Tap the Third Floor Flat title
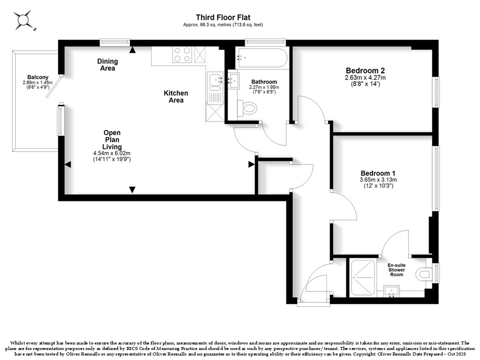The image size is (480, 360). pyautogui.click(x=223, y=17)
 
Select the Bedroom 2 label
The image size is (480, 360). pyautogui.click(x=365, y=70)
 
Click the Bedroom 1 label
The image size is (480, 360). pyautogui.click(x=378, y=173)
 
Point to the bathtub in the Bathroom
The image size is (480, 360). pyautogui.click(x=261, y=58)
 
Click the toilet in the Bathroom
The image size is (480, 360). pyautogui.click(x=247, y=108)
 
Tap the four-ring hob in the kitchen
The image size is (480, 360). pyautogui.click(x=182, y=55)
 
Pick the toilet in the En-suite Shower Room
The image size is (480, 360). pyautogui.click(x=425, y=273)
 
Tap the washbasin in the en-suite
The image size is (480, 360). pyautogui.click(x=391, y=291)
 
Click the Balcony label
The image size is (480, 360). pyautogui.click(x=37, y=77)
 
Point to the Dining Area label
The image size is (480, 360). pyautogui.click(x=107, y=64)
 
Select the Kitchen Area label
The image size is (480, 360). pyautogui.click(x=176, y=96)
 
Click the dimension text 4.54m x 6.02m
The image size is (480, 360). pyautogui.click(x=112, y=153)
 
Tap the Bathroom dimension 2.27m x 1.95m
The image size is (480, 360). pyautogui.click(x=264, y=87)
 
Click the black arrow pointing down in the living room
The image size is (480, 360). pyautogui.click(x=132, y=190)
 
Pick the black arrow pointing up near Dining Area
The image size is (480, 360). pyautogui.click(x=132, y=50)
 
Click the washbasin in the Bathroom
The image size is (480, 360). pyautogui.click(x=233, y=79)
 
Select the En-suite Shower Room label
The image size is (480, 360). pyautogui.click(x=396, y=270)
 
